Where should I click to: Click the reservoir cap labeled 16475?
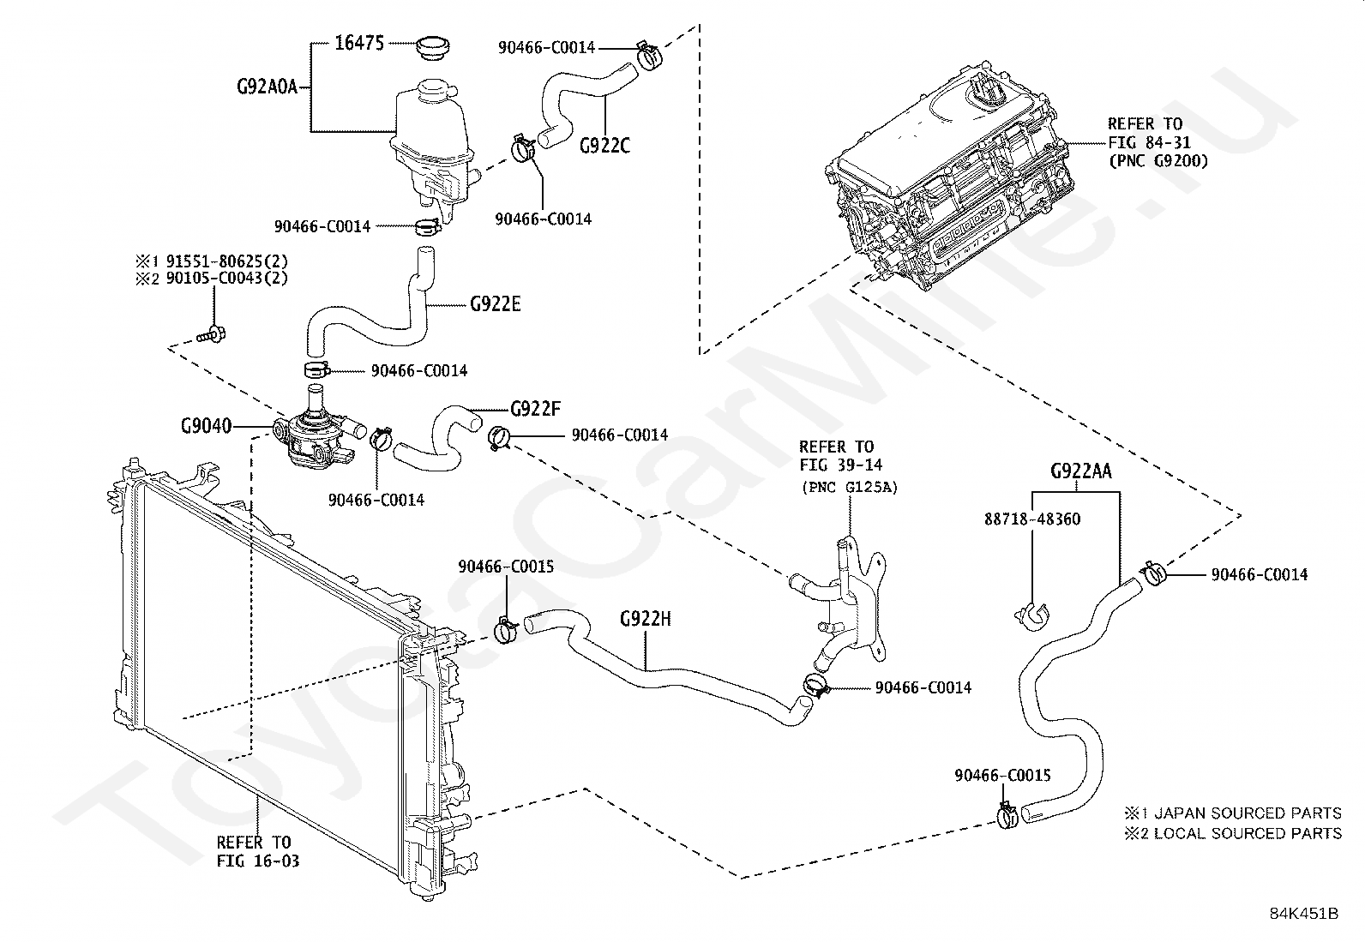tap(433, 48)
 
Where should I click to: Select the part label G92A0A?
tap(267, 87)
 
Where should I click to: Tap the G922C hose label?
tap(604, 146)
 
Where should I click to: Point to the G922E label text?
tap(496, 303)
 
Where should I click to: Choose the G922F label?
tap(536, 408)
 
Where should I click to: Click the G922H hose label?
tap(646, 619)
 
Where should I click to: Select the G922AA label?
tap(1081, 471)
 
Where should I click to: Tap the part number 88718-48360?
tap(1032, 519)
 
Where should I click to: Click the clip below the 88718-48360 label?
tap(1031, 616)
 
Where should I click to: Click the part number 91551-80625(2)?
tap(226, 261)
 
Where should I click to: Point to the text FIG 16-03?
tap(258, 861)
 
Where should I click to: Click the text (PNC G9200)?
tap(1158, 161)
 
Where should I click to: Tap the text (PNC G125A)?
tap(849, 488)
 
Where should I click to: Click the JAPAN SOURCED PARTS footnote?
tap(1233, 813)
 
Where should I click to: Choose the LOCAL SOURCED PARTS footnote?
tap(1233, 833)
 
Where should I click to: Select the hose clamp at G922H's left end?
tap(505, 629)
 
